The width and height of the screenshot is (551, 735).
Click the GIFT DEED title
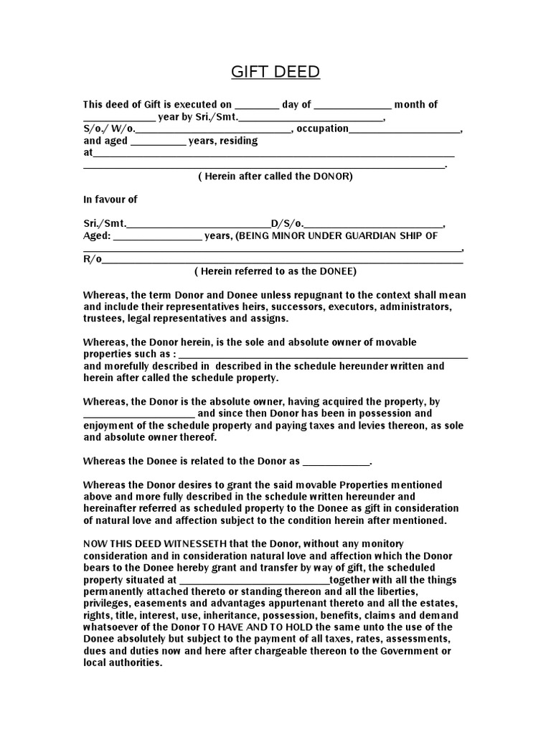click(x=275, y=72)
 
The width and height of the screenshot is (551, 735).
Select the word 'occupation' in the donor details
click(x=322, y=128)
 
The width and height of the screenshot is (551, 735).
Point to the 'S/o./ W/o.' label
click(x=108, y=128)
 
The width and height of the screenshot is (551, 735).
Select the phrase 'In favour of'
click(x=110, y=199)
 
